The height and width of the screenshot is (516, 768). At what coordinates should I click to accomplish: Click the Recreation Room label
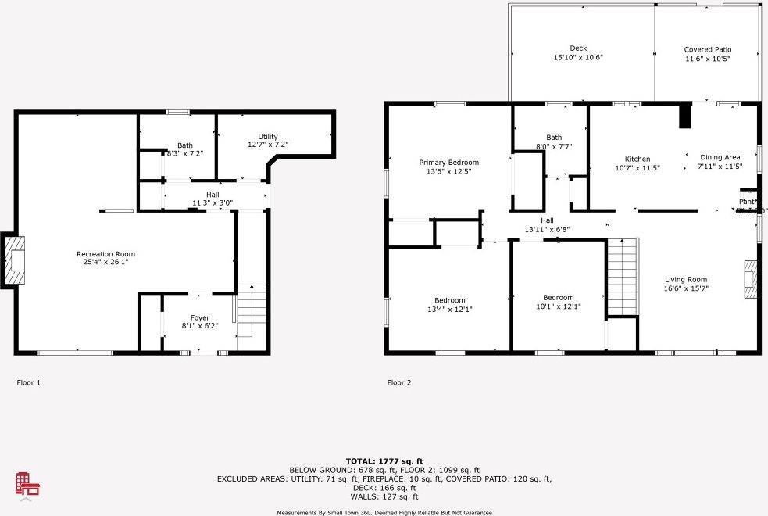tap(105, 254)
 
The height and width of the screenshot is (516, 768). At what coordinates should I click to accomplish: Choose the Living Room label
tap(686, 280)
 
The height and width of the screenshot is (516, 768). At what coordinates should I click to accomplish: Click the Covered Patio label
tap(708, 49)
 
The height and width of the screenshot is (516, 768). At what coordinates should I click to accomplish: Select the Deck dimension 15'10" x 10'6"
tap(578, 57)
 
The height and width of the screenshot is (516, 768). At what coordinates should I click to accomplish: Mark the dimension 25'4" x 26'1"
tap(105, 263)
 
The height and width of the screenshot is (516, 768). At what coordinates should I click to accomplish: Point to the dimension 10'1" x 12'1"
tap(559, 306)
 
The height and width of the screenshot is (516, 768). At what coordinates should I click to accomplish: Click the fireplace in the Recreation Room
tap(15, 260)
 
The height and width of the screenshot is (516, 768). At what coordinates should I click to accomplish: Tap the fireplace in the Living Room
tap(751, 279)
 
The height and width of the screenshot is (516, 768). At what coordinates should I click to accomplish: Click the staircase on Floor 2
tap(623, 277)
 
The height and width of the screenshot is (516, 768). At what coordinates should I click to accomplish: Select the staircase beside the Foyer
tap(251, 310)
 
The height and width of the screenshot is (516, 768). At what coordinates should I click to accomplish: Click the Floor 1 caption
tap(28, 383)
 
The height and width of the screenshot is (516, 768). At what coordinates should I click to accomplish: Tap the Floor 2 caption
tap(398, 383)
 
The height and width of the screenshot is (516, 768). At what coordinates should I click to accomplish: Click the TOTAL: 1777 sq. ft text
tap(384, 461)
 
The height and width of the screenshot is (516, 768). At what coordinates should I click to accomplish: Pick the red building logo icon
tap(28, 485)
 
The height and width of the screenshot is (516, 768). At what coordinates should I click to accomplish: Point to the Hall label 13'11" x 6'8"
tap(547, 225)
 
